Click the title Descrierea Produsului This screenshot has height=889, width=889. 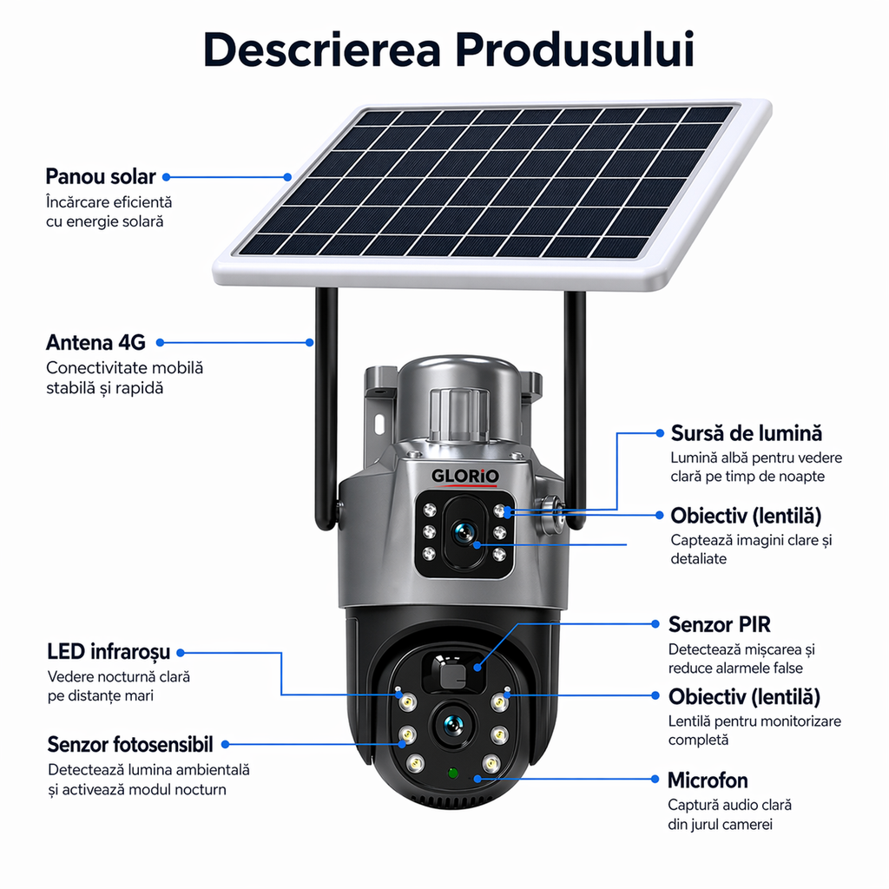tap(449, 49)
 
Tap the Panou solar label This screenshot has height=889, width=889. tap(101, 176)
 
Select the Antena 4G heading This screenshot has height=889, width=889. tap(95, 342)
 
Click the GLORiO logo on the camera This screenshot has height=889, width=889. tap(465, 477)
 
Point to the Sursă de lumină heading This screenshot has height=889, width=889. tap(746, 433)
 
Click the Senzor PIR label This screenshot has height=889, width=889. tap(719, 624)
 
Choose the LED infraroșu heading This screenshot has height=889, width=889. tap(109, 652)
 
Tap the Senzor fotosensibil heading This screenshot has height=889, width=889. tap(130, 744)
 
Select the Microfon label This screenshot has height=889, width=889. tap(708, 780)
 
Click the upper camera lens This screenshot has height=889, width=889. tap(464, 534)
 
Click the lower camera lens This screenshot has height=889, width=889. tap(453, 725)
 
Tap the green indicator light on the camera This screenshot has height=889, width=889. tap(452, 772)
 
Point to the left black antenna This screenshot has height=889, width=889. tap(326, 408)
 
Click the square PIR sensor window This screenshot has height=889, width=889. tap(453, 674)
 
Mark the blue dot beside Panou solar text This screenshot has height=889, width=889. tap(166, 177)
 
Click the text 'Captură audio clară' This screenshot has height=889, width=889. tap(729, 805)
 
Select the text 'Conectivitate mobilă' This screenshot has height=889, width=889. tap(124, 367)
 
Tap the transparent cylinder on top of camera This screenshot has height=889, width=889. tap(458, 415)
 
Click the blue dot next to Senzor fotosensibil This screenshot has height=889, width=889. tap(226, 744)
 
